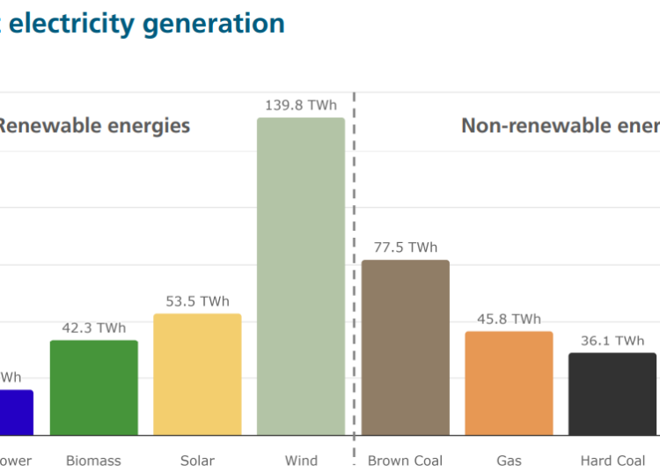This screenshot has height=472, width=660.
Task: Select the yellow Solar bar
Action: tap(197, 374)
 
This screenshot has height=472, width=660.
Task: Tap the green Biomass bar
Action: tap(94, 387)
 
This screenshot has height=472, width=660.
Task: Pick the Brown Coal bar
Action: tap(406, 347)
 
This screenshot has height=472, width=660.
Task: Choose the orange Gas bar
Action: tap(509, 383)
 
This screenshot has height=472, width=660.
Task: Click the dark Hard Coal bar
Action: tap(612, 394)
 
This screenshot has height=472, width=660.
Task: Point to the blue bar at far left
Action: tap(16, 412)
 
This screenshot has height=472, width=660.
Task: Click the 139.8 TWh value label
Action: tap(301, 106)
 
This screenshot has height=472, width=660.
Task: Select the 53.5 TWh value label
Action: tap(197, 301)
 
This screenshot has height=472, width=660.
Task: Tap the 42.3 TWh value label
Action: tap(94, 328)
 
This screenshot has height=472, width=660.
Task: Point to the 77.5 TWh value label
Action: tap(406, 247)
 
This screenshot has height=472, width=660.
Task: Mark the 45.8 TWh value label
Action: tap(509, 319)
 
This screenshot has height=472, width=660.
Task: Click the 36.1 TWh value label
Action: tap(612, 341)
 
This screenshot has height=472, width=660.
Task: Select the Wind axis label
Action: tap(301, 461)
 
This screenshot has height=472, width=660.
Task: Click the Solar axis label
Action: tap(197, 461)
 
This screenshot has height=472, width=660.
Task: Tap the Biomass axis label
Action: tap(94, 461)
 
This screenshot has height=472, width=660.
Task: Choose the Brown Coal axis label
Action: tap(406, 461)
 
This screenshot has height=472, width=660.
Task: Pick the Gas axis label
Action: tap(509, 461)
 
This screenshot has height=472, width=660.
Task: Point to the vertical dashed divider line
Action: tap(354, 264)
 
